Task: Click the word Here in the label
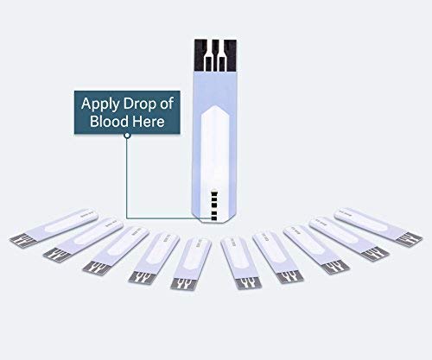pos(149,123)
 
